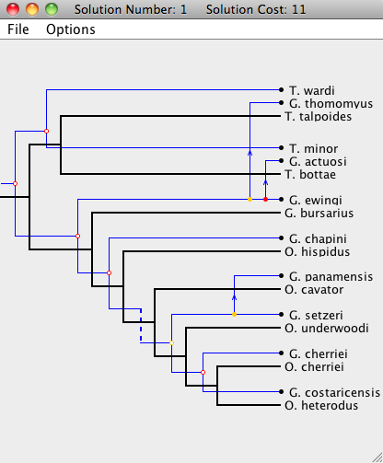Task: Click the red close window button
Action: pyautogui.click(x=13, y=9)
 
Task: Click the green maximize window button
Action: pyautogui.click(x=52, y=9)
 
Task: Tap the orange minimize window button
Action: pyautogui.click(x=32, y=9)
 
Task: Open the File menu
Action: pyautogui.click(x=18, y=29)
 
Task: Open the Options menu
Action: pyautogui.click(x=71, y=29)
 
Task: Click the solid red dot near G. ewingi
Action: pyautogui.click(x=266, y=200)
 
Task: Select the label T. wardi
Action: pyautogui.click(x=312, y=90)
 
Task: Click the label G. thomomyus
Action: pyautogui.click(x=331, y=103)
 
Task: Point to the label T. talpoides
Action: pyautogui.click(x=319, y=116)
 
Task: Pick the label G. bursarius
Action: pyautogui.click(x=319, y=213)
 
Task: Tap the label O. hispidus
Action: pyautogui.click(x=318, y=251)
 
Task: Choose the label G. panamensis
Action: pyautogui.click(x=331, y=277)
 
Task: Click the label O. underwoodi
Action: pyautogui.click(x=327, y=329)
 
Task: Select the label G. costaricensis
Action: pyautogui.click(x=334, y=393)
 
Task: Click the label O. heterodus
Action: pyautogui.click(x=321, y=406)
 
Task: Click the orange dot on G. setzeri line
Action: pyautogui.click(x=235, y=315)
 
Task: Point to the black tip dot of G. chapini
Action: pyautogui.click(x=281, y=238)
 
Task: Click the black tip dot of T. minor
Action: pyautogui.click(x=281, y=148)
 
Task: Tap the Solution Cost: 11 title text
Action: pyautogui.click(x=256, y=9)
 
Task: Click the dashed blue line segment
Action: pyautogui.click(x=141, y=326)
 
